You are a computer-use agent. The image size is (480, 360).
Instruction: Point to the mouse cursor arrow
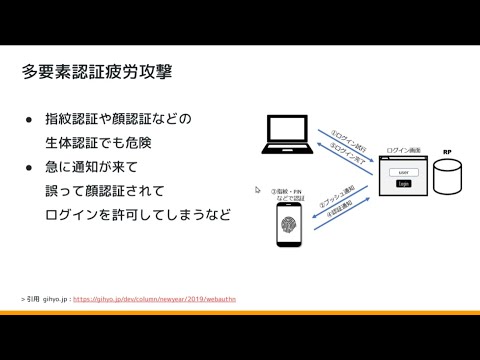point(257,188)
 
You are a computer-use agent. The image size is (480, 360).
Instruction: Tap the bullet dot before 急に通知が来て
point(29,165)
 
